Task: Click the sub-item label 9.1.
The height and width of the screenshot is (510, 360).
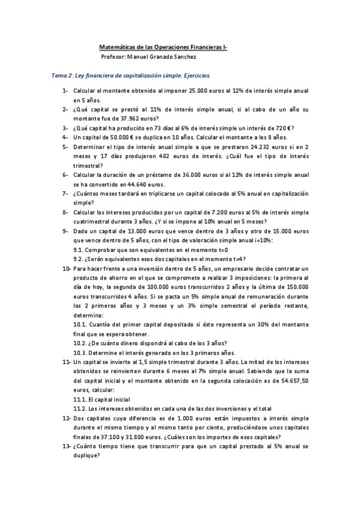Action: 78,249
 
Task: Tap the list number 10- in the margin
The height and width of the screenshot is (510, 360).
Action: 66,268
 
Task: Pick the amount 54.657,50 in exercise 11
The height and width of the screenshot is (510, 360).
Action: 294,381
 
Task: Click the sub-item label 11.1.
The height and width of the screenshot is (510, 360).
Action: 80,399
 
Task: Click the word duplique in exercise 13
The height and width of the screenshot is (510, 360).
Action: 88,456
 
